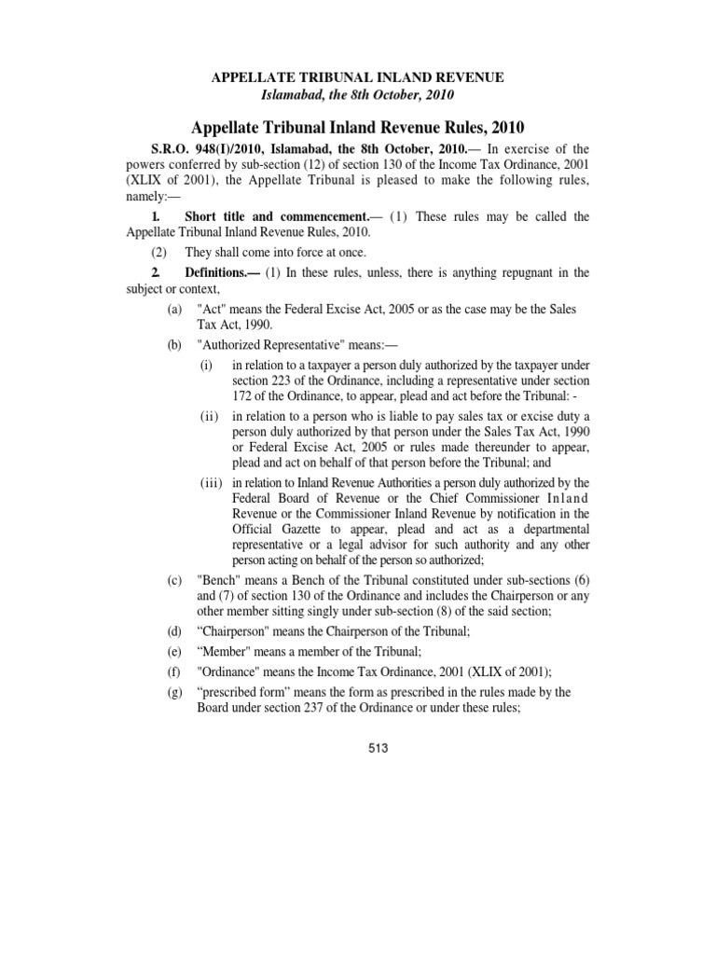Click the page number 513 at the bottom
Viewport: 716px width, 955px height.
[378, 748]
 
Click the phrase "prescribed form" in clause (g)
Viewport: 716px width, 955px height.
[250, 693]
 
